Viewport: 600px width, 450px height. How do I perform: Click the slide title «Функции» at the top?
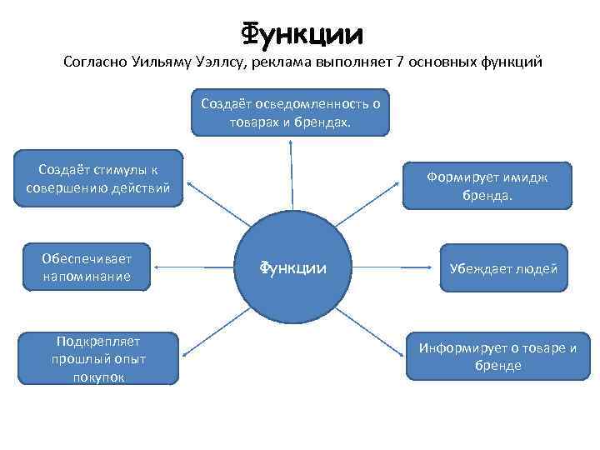(302, 32)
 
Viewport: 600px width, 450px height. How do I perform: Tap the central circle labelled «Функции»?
(291, 267)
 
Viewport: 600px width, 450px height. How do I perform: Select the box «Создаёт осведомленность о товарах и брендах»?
(290, 112)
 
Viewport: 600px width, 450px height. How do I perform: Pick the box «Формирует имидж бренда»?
(487, 185)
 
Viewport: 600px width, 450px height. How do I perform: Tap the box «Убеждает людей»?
(503, 267)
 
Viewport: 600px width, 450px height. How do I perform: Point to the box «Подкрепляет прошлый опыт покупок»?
(99, 359)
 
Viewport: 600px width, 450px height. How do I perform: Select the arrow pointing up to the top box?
(291, 175)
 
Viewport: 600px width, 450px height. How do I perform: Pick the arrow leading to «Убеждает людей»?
(387, 267)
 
